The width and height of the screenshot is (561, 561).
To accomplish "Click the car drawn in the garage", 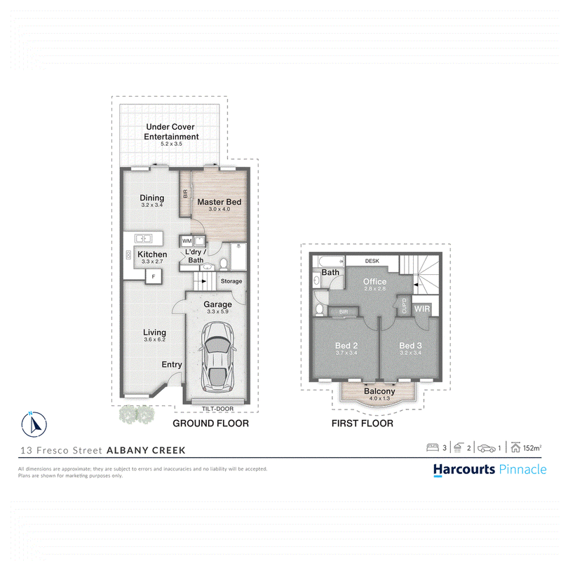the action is [217, 357].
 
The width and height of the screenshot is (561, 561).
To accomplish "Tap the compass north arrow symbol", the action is [34, 424].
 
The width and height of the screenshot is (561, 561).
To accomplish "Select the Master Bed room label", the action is [219, 202].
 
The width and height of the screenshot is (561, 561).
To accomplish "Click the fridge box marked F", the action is [154, 276].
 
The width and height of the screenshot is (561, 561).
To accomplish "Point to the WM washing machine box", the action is [187, 241].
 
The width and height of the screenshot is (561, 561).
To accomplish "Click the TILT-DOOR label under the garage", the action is [217, 409].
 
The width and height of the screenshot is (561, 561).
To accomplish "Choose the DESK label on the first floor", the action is [372, 261].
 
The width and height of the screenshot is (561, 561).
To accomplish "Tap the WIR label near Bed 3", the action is [422, 309].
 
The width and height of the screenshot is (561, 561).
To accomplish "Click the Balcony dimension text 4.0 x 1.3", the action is [379, 398].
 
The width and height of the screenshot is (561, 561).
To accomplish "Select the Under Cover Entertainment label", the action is [171, 132].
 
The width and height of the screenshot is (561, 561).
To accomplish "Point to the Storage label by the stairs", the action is [231, 281].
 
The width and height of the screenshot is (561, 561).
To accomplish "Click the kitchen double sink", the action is [143, 238].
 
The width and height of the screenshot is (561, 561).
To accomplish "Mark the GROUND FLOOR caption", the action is [211, 424].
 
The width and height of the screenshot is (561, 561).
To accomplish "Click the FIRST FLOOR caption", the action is [363, 424].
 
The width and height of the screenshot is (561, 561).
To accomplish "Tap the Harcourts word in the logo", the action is [464, 469].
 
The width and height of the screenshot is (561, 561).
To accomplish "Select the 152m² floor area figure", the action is [532, 448].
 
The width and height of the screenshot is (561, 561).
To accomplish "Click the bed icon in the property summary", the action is [433, 447].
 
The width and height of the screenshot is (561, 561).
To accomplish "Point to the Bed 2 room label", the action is [346, 346].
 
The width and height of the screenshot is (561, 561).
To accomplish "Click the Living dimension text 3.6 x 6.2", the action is [154, 339].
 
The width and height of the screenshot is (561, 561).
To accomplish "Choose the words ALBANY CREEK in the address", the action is [147, 450].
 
